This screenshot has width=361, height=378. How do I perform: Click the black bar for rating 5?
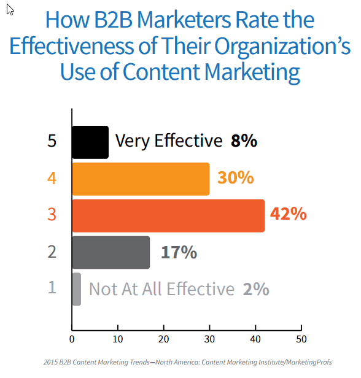90,142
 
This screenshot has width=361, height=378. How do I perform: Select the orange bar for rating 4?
141,179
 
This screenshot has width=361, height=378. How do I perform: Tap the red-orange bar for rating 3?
168,215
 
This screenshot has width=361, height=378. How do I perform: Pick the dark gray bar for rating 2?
111,252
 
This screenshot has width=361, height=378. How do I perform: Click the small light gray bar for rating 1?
77,289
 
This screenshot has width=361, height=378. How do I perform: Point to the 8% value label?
244,141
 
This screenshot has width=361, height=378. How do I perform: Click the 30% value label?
235,178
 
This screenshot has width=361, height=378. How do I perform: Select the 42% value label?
288,215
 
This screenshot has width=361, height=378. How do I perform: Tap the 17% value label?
179,252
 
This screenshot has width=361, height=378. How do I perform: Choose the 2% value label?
255,289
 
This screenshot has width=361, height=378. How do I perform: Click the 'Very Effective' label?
169,141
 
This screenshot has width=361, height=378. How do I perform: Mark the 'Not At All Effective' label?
161,289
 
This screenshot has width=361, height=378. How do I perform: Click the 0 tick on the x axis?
72,339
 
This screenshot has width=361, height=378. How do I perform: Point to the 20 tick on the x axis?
164,339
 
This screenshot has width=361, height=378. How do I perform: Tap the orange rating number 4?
52,179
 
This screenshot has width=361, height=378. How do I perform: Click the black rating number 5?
52,142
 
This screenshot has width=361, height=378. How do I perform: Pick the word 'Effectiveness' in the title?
82,46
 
